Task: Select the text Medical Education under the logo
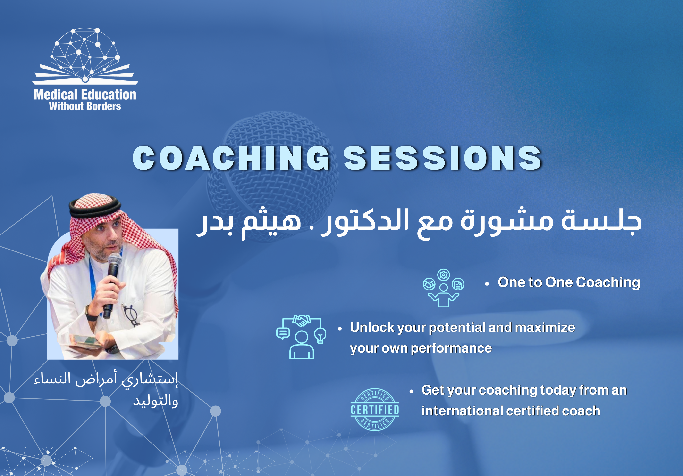pyautogui.click(x=85, y=95)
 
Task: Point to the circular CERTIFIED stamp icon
pyautogui.click(x=375, y=410)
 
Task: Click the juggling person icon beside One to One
pyautogui.click(x=443, y=288)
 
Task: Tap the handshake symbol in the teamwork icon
pyautogui.click(x=301, y=320)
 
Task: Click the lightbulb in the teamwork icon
pyautogui.click(x=320, y=335)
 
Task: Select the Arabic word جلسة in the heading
pyautogui.click(x=601, y=222)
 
